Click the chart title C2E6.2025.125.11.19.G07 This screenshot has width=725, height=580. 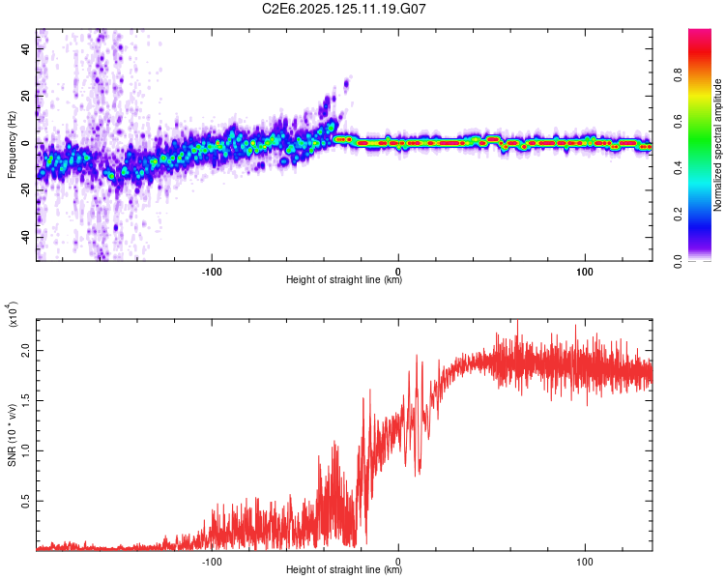pos(343,9)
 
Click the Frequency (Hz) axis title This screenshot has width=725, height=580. pos(12,145)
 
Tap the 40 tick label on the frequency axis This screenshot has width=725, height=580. pos(25,49)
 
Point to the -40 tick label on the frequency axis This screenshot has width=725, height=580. pos(25,238)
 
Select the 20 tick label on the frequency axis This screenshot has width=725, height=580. pos(25,97)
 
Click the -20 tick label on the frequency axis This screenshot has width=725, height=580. pos(25,190)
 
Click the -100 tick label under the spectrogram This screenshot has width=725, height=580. pos(212,272)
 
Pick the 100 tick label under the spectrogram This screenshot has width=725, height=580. pos(585,272)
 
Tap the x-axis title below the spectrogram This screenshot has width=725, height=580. pos(344,279)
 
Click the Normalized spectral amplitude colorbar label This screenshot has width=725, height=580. pos(717,145)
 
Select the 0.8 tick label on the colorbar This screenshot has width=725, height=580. pos(678,74)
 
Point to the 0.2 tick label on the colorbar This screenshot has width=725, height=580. pos(678,215)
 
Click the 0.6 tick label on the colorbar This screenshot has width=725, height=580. pos(678,121)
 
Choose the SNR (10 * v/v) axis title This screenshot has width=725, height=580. pos(12,435)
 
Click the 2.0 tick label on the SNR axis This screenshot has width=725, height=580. pos(25,351)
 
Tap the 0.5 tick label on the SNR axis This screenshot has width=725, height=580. pos(25,501)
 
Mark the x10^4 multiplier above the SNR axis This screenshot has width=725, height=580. pos(13,314)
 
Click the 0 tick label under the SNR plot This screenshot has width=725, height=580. pos(398,562)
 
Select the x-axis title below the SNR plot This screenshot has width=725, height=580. pos(344,569)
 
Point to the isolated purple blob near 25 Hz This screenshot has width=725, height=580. pos(346,84)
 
